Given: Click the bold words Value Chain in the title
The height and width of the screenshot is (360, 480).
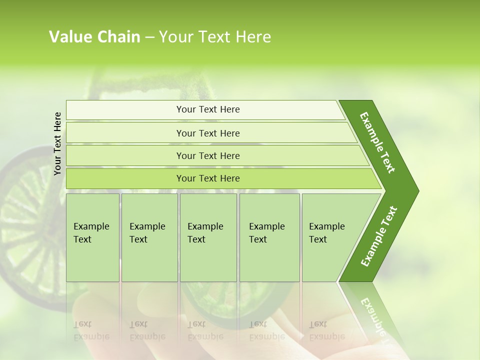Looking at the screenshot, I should click(x=94, y=37).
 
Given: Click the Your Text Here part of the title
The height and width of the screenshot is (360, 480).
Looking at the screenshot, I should click(x=214, y=37).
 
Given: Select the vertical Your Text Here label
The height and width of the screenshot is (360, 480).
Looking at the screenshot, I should click(x=58, y=143).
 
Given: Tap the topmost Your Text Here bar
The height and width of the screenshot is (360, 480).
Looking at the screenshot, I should click(x=207, y=109).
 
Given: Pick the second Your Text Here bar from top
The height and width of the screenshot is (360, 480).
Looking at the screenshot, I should click(x=207, y=133).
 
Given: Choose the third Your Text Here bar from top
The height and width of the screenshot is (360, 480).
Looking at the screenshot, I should click(x=207, y=155).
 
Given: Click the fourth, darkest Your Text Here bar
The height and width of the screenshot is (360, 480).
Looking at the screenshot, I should click(x=207, y=178).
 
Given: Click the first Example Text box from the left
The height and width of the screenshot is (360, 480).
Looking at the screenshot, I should click(x=92, y=237).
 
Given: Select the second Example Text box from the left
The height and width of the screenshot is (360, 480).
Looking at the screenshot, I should click(x=149, y=237).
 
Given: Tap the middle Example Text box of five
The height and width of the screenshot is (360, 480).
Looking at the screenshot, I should click(x=207, y=237).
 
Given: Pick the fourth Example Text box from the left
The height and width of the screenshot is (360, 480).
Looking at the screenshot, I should click(x=269, y=237).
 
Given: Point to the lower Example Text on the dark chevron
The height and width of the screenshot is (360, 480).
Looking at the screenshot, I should click(x=379, y=236).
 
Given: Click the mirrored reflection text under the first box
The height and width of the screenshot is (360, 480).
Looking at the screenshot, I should click(x=91, y=330).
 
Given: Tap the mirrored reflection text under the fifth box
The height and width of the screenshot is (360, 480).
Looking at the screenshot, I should click(x=326, y=330).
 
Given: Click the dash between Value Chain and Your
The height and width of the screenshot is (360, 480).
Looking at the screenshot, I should click(x=149, y=37).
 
